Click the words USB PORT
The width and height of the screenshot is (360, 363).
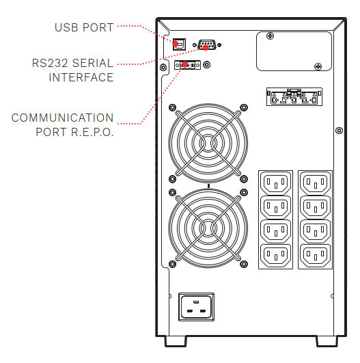point(84,27)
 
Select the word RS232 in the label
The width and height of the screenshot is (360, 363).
point(50,63)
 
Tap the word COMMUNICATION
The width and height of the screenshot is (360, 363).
point(62,118)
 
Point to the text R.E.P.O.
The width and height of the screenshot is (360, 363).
point(92,132)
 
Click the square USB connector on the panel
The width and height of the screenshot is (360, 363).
point(179,44)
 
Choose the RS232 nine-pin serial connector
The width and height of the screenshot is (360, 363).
point(207,45)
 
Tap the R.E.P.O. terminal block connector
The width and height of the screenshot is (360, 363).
point(187,65)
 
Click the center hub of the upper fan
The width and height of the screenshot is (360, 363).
point(208,144)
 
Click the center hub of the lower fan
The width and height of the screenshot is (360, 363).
point(208,228)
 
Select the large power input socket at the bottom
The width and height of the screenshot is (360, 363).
point(196,307)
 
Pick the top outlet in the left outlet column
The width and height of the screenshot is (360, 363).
point(275,183)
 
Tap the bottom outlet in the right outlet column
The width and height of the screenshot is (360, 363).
point(315,256)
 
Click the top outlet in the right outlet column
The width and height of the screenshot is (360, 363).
point(315,183)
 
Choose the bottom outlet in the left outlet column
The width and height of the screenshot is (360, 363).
point(275,256)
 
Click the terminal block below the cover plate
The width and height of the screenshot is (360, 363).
point(294,97)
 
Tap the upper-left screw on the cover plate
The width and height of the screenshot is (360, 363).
point(271,36)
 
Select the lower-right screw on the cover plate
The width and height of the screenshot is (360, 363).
point(318,67)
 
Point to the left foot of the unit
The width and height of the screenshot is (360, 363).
point(176,342)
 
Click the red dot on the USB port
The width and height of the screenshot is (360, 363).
point(176,44)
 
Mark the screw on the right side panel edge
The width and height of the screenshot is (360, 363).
point(340,131)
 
